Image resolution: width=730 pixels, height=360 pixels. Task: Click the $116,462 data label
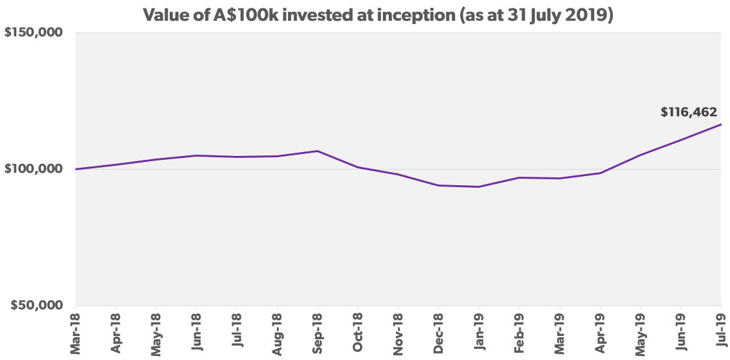pyautogui.click(x=688, y=112)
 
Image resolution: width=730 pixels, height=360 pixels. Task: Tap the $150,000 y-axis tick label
pyautogui.click(x=36, y=33)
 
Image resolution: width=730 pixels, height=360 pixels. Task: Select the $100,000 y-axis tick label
pyautogui.click(x=36, y=169)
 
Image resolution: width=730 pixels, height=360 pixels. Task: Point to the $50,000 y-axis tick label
pyautogui.click(x=40, y=305)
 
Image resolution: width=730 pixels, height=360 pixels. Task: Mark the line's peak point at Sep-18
pyautogui.click(x=317, y=151)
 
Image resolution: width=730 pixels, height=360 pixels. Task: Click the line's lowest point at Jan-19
pyautogui.click(x=479, y=186)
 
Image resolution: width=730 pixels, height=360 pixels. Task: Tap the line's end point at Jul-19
pyautogui.click(x=721, y=124)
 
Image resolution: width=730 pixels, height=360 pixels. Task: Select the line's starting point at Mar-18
pyautogui.click(x=76, y=169)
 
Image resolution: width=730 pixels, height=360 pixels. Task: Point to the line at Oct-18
pyautogui.click(x=358, y=167)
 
